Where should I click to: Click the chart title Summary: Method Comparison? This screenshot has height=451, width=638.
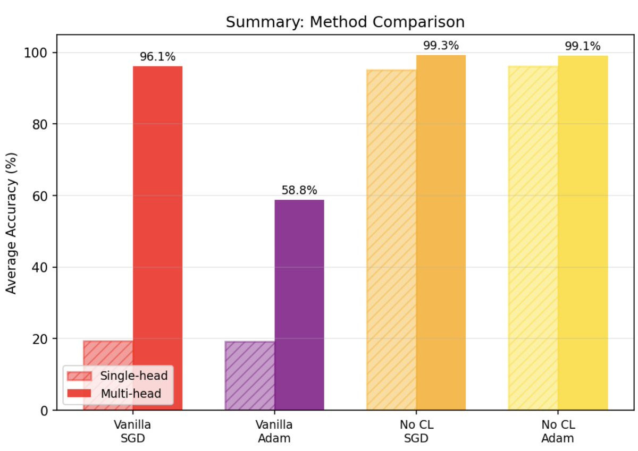point(345,22)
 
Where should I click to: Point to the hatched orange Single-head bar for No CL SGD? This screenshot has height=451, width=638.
point(391,240)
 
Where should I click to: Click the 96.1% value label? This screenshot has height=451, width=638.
point(157,57)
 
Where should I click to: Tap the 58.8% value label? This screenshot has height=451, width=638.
point(299,190)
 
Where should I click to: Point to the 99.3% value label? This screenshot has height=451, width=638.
point(441,46)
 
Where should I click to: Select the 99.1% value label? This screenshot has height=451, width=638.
point(583,46)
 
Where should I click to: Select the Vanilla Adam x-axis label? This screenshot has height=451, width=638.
point(274,431)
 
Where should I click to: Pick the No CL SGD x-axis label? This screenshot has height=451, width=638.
point(416,431)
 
